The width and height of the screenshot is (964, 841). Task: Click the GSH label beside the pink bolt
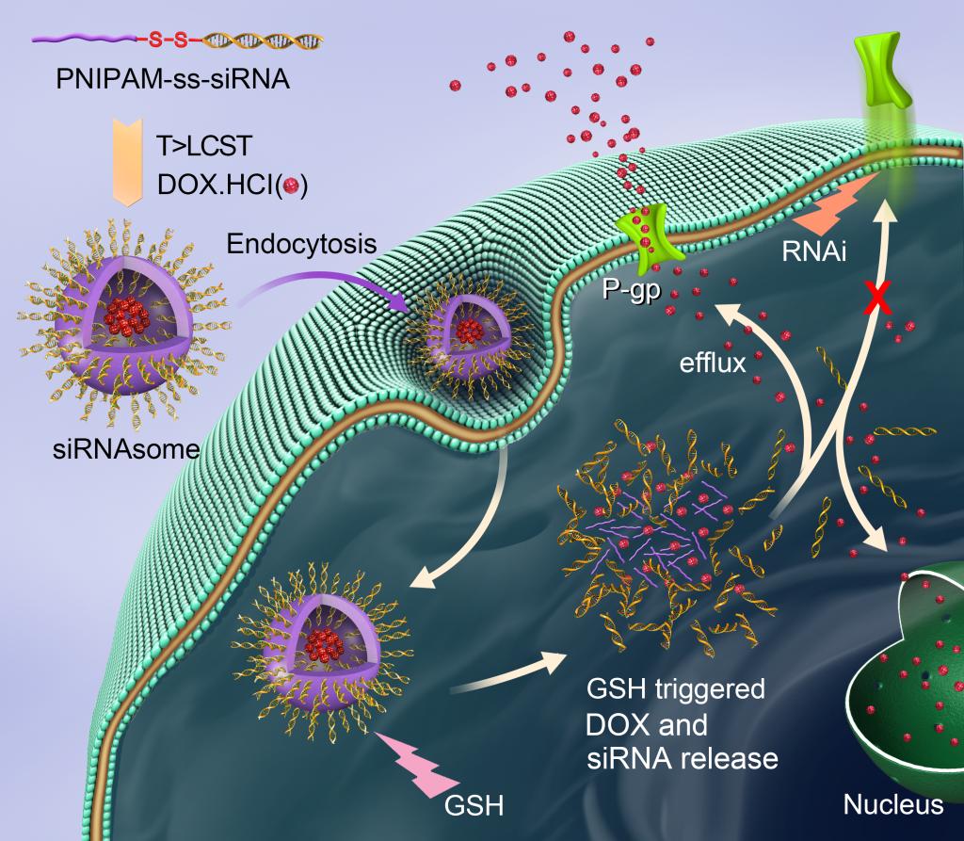click(x=474, y=804)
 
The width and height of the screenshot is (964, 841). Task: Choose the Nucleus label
click(x=892, y=804)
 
